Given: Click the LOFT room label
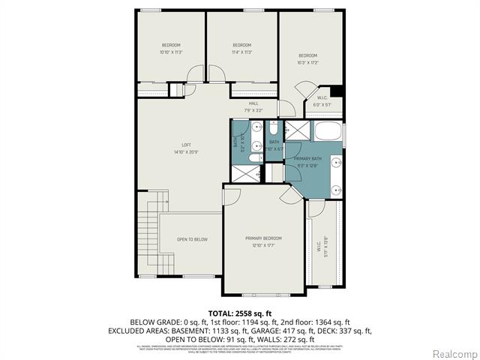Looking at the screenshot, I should pos(186,145).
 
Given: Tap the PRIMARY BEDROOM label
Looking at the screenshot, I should pos(263,238).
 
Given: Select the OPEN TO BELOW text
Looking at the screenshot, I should pos(192,239).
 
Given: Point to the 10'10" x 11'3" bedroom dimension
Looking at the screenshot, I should pos(172,52).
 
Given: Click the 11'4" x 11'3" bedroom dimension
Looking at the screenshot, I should pos(241,52).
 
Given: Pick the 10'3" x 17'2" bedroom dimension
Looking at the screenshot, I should pos(308,63).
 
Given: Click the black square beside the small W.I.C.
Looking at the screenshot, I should pos(337,92).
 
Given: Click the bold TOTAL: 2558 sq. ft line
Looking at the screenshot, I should pos(239,311).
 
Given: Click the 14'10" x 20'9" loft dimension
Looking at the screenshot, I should pos(186,152).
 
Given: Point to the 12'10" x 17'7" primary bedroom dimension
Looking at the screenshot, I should pos(263,245).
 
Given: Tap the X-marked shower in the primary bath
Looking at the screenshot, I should pos(298,130).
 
